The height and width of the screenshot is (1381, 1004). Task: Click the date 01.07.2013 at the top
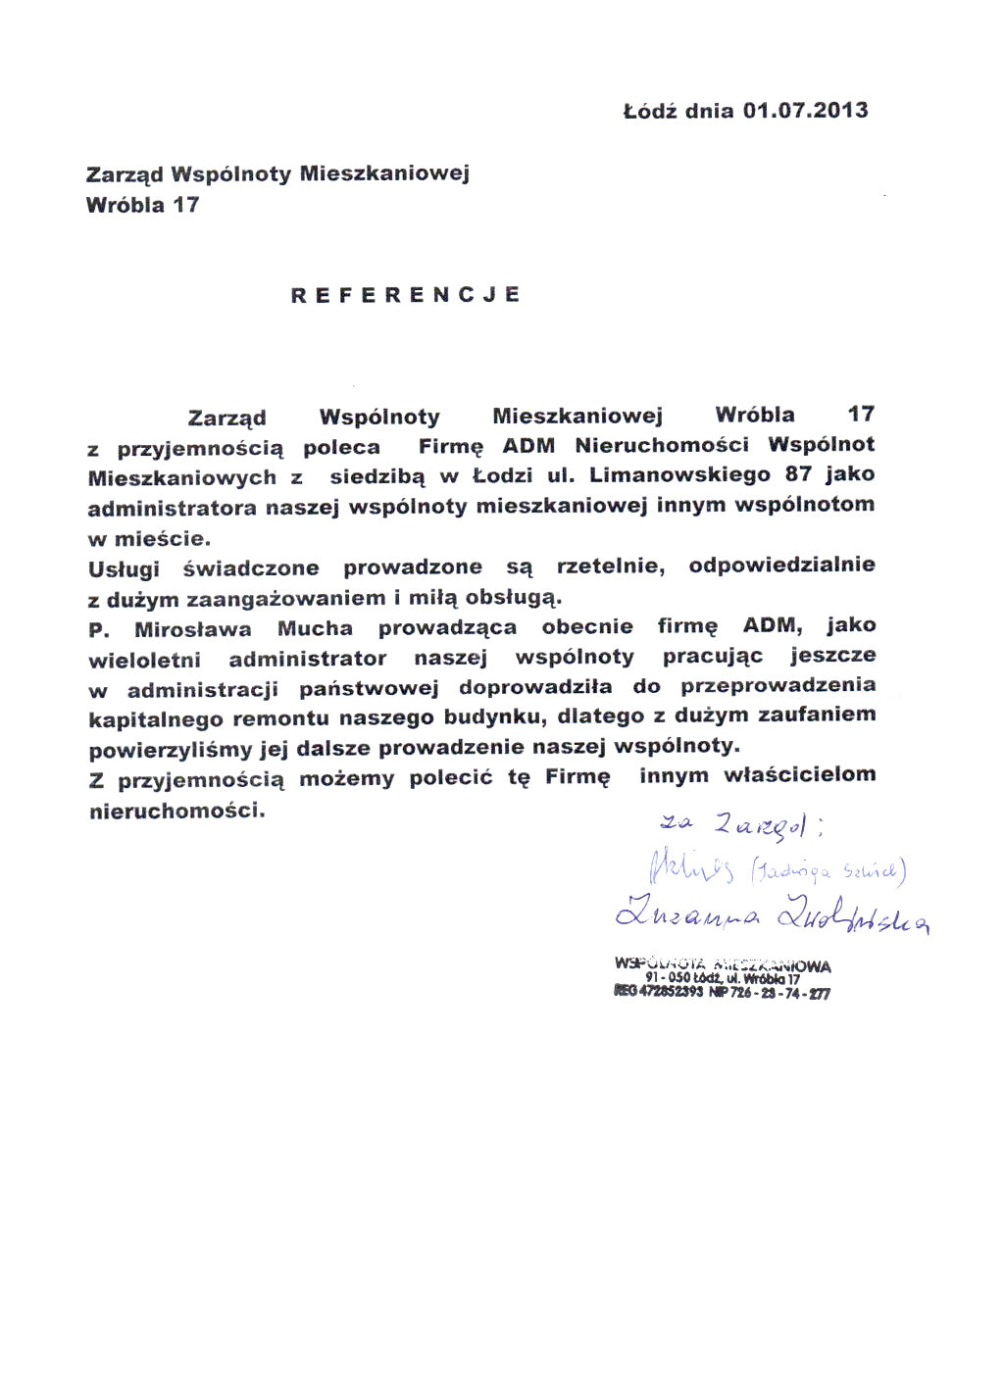(805, 110)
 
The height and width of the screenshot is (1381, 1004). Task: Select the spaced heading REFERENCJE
(406, 295)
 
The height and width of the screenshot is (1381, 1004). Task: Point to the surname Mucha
(315, 628)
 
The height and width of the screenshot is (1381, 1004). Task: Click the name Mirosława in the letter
(193, 629)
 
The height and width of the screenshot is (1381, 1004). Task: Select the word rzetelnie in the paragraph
(610, 566)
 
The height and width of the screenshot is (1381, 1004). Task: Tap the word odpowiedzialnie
(781, 565)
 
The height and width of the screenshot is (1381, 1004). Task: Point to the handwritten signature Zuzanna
(687, 916)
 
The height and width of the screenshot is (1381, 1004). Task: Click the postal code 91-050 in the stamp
(668, 978)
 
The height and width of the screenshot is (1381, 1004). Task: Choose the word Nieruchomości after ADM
(662, 445)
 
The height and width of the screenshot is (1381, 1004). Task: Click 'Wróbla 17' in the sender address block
(142, 205)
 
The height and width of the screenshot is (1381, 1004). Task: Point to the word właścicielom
(799, 774)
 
